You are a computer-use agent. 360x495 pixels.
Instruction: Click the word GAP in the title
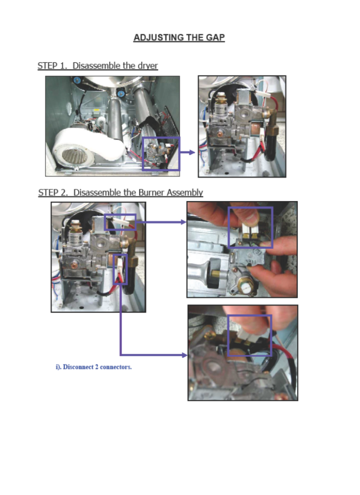pos(215,37)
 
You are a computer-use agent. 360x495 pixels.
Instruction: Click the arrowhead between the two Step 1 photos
pos(192,152)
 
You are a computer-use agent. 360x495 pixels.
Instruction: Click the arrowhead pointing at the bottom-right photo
pos(184,355)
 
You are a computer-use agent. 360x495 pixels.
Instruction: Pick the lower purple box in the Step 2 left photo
pos(114,269)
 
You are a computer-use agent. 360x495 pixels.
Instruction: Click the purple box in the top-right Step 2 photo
pos(229,227)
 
